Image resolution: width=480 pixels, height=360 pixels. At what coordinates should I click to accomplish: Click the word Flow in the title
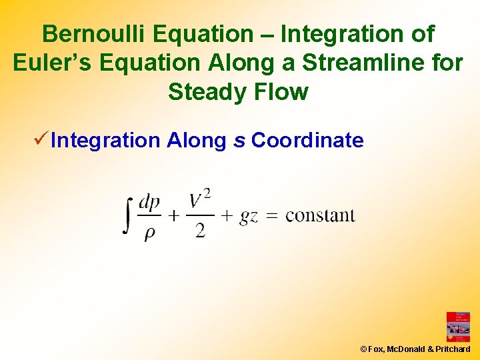(284, 91)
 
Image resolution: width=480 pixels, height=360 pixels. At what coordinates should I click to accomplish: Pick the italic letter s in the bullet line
(239, 141)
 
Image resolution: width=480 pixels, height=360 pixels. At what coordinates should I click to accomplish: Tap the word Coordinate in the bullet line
(307, 141)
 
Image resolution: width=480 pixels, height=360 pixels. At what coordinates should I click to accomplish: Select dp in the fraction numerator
(149, 202)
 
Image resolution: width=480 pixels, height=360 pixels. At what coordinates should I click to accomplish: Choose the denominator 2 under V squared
(200, 231)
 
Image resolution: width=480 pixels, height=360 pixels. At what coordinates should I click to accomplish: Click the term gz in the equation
(249, 217)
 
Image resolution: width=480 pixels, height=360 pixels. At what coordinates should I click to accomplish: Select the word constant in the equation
(320, 215)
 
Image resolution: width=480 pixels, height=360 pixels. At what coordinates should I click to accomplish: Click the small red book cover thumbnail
(458, 327)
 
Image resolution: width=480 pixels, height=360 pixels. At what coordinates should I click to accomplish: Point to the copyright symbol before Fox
(363, 349)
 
